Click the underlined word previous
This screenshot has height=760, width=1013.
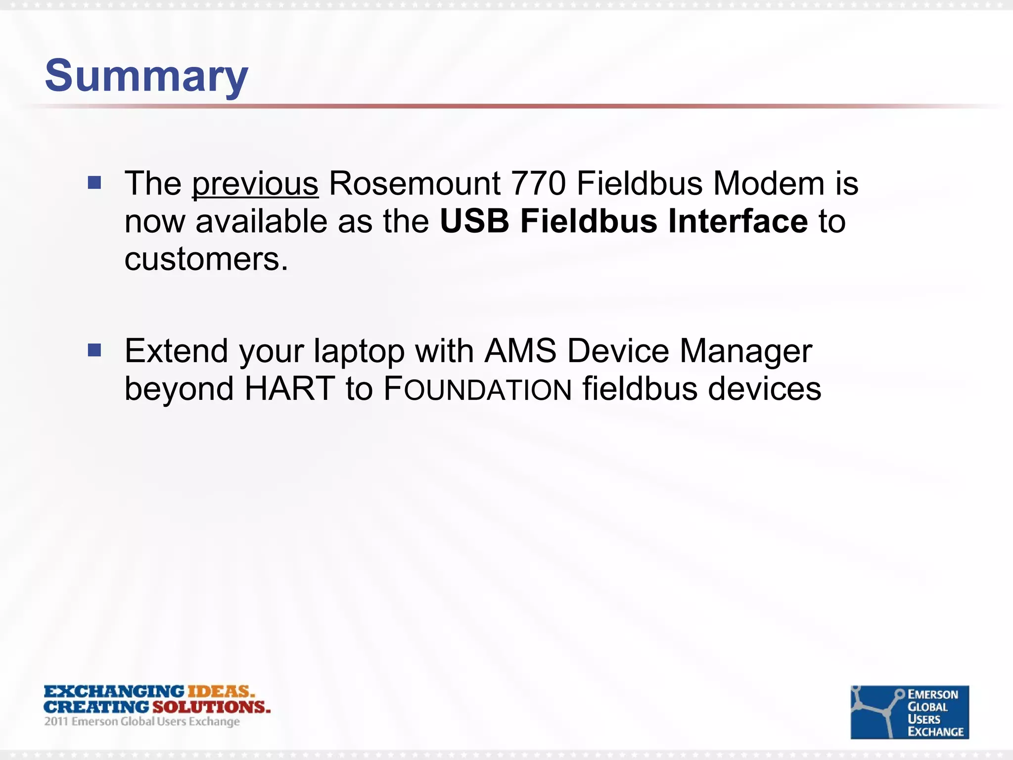click(x=255, y=184)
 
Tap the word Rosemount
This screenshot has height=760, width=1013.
click(x=414, y=184)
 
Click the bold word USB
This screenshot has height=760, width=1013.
click(x=474, y=221)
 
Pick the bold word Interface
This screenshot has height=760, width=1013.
click(x=738, y=221)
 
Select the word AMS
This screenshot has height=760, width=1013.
click(x=520, y=351)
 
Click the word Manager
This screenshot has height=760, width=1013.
click(x=746, y=351)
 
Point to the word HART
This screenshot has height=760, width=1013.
click(x=290, y=389)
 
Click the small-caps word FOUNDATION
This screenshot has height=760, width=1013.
click(x=478, y=389)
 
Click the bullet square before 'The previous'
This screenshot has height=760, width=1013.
click(x=94, y=183)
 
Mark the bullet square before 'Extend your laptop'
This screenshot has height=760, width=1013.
click(x=94, y=351)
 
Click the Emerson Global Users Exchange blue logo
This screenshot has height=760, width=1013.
click(x=909, y=712)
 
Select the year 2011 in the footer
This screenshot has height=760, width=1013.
click(x=56, y=721)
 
